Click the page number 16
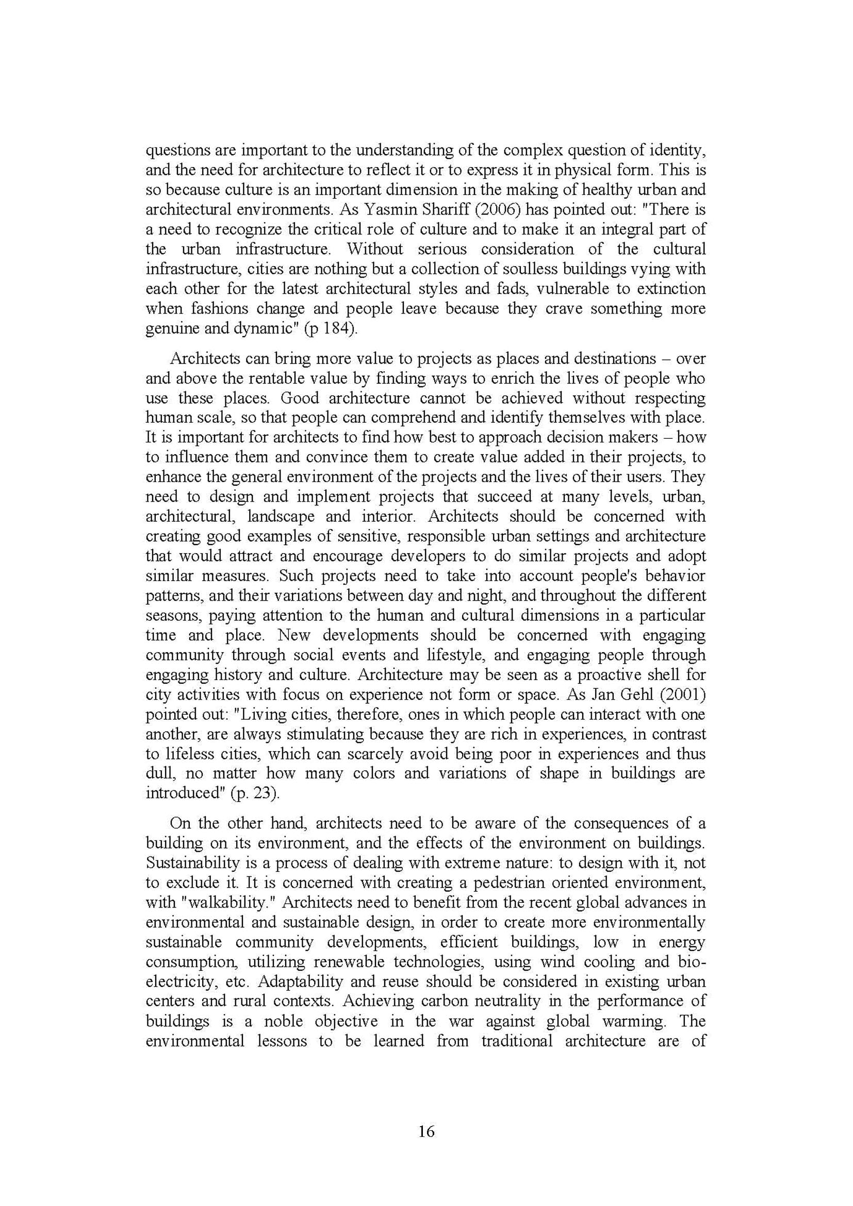426,1131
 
